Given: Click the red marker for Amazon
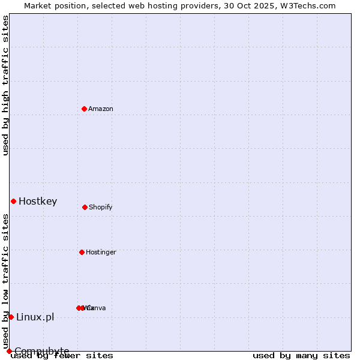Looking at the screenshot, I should [x=84, y=109].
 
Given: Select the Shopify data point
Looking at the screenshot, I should [x=85, y=207].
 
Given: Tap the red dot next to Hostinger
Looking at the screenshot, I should [x=82, y=252].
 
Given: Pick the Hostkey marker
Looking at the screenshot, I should [x=13, y=201].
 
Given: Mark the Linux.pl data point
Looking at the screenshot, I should [x=11, y=317].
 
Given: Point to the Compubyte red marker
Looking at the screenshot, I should [x=9, y=351].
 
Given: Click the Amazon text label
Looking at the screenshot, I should [x=101, y=109].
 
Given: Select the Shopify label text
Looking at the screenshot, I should [x=100, y=207].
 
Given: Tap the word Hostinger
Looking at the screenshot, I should [x=101, y=252].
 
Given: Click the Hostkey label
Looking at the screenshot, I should [x=38, y=201].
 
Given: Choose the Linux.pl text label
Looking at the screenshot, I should [x=35, y=317].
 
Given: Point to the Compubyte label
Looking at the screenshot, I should [x=42, y=351].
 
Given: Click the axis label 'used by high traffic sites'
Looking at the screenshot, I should [x=5, y=85].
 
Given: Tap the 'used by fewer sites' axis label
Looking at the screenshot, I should [x=62, y=355].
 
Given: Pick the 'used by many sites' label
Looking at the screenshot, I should [x=301, y=355].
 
